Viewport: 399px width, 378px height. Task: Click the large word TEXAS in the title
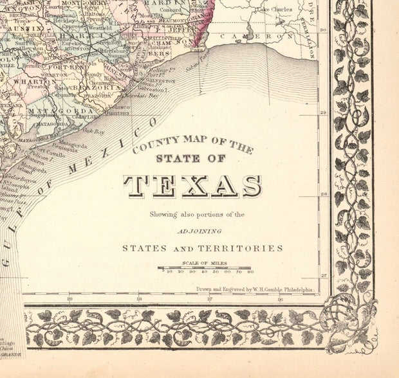point(192,185)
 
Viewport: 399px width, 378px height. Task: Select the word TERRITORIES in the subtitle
point(247,248)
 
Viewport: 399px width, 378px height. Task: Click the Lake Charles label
point(274,10)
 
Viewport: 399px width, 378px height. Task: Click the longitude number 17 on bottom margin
point(209,298)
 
